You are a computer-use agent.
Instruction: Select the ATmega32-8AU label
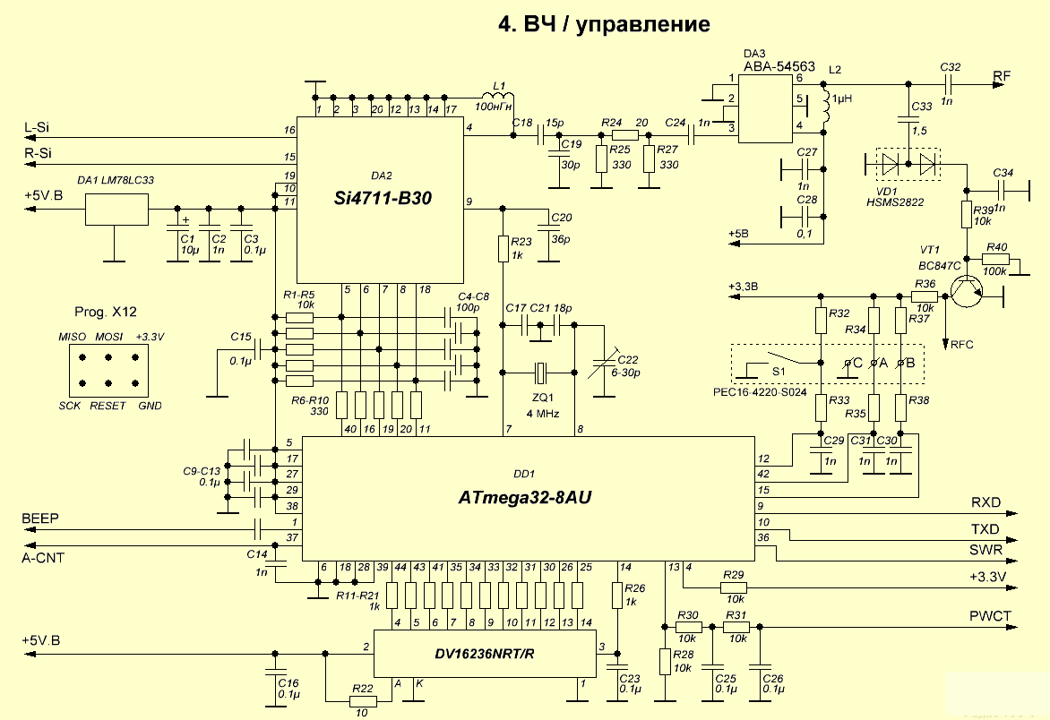[525, 495]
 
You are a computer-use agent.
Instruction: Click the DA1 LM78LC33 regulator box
[116, 209]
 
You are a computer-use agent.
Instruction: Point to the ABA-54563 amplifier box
[767, 108]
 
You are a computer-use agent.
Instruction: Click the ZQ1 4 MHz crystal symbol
[540, 371]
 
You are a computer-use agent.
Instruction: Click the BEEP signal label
[40, 519]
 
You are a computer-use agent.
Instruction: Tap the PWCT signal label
[990, 615]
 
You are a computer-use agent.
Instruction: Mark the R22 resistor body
[363, 702]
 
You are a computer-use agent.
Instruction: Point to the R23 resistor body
[503, 247]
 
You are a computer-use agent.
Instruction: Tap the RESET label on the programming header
[108, 406]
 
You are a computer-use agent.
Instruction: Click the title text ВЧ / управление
[604, 24]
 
